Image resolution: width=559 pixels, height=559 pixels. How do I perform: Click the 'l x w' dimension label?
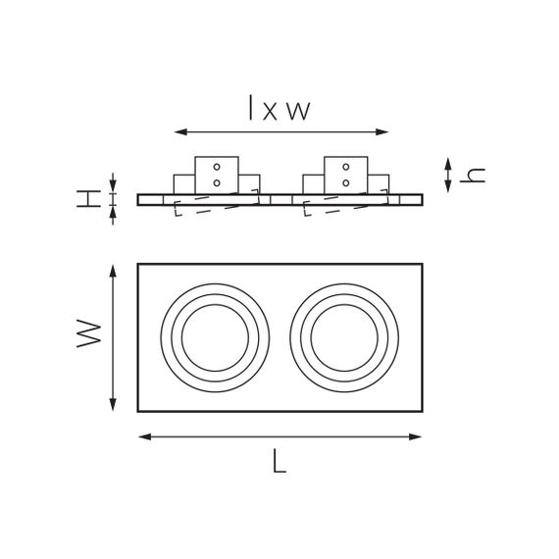coord(279,108)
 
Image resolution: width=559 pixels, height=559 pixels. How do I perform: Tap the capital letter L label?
coord(279,463)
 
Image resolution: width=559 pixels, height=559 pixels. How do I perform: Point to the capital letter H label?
coord(89,198)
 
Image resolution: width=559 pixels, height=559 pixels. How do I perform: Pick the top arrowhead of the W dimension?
coord(114,268)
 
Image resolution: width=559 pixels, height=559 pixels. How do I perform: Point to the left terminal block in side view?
coord(217,175)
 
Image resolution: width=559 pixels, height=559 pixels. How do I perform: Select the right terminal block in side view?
coord(346,175)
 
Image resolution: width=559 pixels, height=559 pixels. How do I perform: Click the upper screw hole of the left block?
coord(217,168)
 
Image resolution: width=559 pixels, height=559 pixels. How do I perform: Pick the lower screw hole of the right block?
coord(346,182)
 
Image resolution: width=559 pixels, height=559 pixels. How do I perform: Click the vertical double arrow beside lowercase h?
coord(448,175)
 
